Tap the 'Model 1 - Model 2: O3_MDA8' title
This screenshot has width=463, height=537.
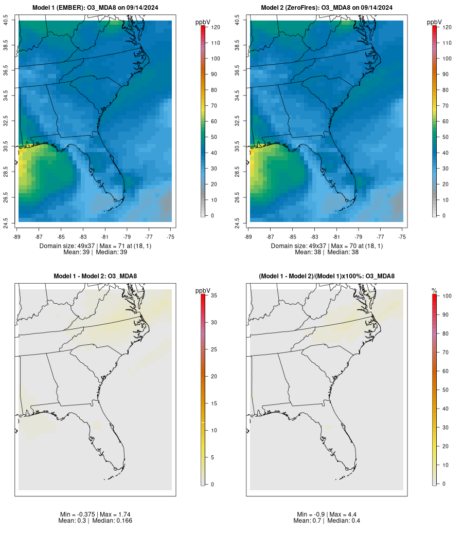[95, 276]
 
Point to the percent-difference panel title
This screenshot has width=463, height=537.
[327, 276]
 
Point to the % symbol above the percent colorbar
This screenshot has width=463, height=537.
[434, 291]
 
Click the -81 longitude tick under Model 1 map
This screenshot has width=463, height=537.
[105, 237]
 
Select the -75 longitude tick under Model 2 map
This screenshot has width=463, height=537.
[402, 237]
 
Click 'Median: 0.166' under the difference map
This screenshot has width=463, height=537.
[112, 521]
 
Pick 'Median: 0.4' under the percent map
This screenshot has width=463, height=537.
[344, 521]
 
